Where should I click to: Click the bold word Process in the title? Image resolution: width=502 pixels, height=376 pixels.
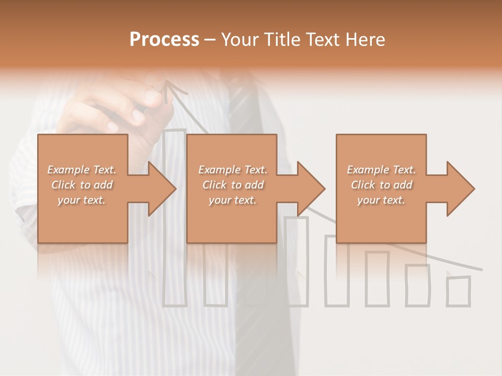point(164,39)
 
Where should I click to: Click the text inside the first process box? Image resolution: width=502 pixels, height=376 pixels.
point(82,185)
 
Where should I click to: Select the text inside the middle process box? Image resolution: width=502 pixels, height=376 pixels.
point(232,185)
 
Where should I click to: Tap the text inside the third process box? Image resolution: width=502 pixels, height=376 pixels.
point(381,185)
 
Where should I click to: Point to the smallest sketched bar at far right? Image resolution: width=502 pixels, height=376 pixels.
point(458,291)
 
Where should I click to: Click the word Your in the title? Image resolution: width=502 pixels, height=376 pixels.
point(241,39)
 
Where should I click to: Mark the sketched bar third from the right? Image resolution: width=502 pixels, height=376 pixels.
point(377,278)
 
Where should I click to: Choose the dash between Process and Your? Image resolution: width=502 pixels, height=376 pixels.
point(210,40)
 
